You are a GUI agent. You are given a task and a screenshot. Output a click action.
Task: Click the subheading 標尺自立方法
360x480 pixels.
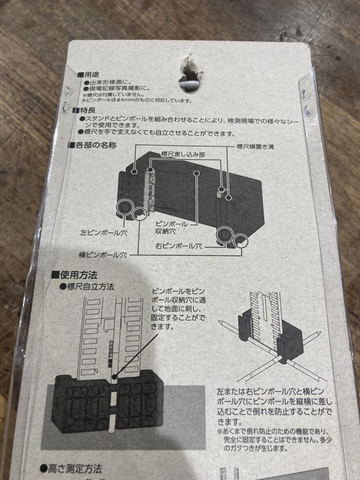click(89, 287)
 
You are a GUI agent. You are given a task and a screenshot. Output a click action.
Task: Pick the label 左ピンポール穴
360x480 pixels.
click(101, 233)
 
